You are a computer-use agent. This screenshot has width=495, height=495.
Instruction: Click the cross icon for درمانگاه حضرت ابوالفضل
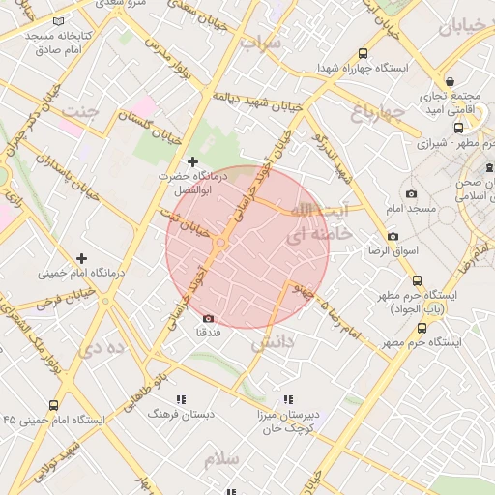coord(192,160)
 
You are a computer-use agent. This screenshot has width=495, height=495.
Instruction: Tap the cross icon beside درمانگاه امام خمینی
coord(81,258)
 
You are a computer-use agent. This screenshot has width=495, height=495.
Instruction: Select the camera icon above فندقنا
coord(208,318)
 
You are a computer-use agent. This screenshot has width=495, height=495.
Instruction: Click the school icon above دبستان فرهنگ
coord(180,398)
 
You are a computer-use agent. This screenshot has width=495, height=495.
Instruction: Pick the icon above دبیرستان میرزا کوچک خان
coord(287,398)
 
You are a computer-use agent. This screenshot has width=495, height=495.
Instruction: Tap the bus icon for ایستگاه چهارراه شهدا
coord(363,54)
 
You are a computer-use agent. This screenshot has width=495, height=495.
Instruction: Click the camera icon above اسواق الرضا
coord(393,236)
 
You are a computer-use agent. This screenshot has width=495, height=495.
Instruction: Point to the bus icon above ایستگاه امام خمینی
coord(52,406)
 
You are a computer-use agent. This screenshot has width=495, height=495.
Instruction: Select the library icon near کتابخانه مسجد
coord(60,20)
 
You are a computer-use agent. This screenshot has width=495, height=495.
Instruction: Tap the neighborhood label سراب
coord(262,44)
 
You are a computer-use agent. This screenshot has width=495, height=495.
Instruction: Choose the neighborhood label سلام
coord(221,458)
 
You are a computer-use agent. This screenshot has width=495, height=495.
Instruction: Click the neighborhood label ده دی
coord(103,348)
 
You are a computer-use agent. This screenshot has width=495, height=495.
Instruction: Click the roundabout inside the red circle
coord(222,243)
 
